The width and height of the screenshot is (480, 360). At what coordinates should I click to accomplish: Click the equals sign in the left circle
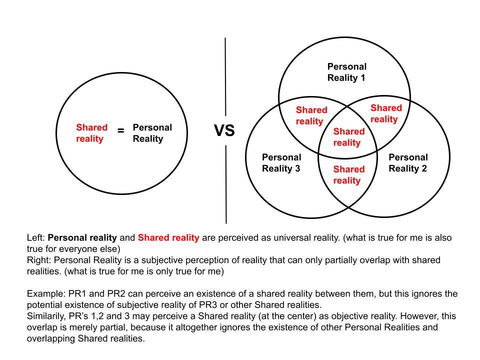pos(120,131)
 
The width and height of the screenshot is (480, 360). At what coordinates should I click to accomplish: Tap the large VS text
pos(224,131)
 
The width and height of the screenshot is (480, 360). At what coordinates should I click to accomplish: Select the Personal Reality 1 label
pos(346,72)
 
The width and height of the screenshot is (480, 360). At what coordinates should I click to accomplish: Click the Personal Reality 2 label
pos(408,162)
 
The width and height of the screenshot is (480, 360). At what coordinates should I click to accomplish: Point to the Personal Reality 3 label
pos(281,162)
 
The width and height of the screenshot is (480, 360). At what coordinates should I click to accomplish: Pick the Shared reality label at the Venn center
pos(349,137)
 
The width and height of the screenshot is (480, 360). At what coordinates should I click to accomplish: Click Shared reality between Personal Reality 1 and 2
pos(385,113)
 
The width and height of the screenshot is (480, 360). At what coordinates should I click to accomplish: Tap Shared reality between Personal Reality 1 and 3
pos(311,115)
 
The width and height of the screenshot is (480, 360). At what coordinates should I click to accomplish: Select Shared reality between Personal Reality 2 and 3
pos(349,174)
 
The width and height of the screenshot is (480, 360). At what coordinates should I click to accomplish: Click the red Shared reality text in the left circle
pos(91,133)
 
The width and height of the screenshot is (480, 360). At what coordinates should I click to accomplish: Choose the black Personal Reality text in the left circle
pos(152,133)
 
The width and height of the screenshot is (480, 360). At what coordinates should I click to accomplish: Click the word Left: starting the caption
pos(36,237)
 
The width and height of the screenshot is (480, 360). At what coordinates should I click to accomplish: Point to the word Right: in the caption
pos(39,260)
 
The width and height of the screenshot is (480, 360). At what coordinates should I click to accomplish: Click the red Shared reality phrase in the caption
pos(168,237)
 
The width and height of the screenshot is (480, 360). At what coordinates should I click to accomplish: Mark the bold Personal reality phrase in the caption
pos(82,237)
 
